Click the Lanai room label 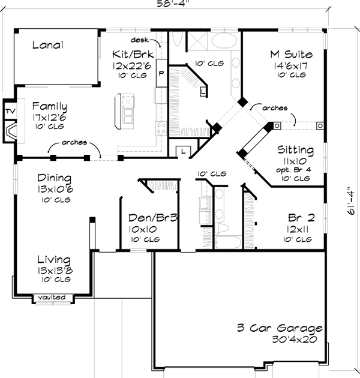pos(48,45)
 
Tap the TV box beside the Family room pos(9,110)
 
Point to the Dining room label pos(55,179)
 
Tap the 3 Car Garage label pos(279,328)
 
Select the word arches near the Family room pos(74,143)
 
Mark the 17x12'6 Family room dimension pos(49,118)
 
